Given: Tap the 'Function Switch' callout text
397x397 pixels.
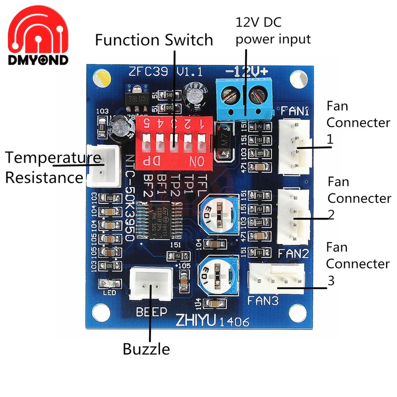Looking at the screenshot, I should click(154, 41).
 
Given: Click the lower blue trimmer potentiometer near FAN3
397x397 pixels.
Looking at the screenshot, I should click(216, 275).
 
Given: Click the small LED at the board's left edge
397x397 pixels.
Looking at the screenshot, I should click(109, 284).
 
